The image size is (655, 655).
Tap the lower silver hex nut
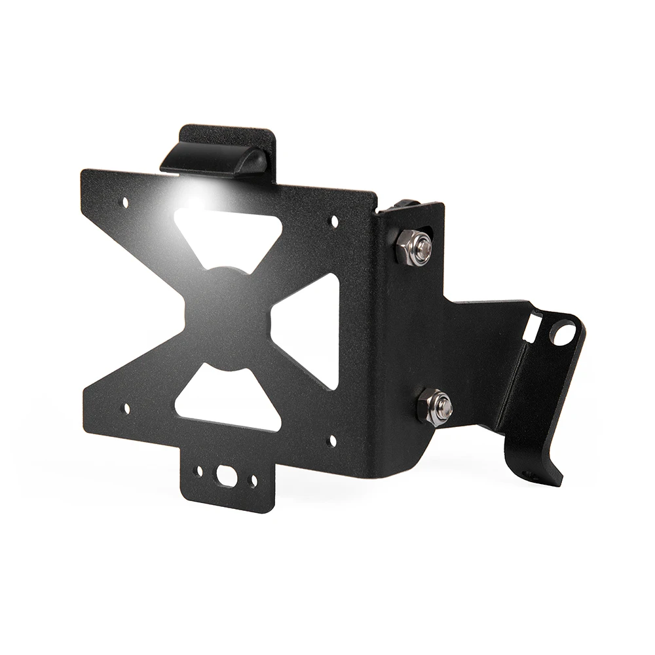click(x=435, y=407)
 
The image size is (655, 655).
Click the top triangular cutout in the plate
click(x=229, y=236)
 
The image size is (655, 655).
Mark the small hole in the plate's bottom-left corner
click(x=126, y=409)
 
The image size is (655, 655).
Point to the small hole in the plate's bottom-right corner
click(x=332, y=441)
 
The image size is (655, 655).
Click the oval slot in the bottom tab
click(x=227, y=476)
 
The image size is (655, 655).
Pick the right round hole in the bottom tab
click(x=253, y=483)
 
